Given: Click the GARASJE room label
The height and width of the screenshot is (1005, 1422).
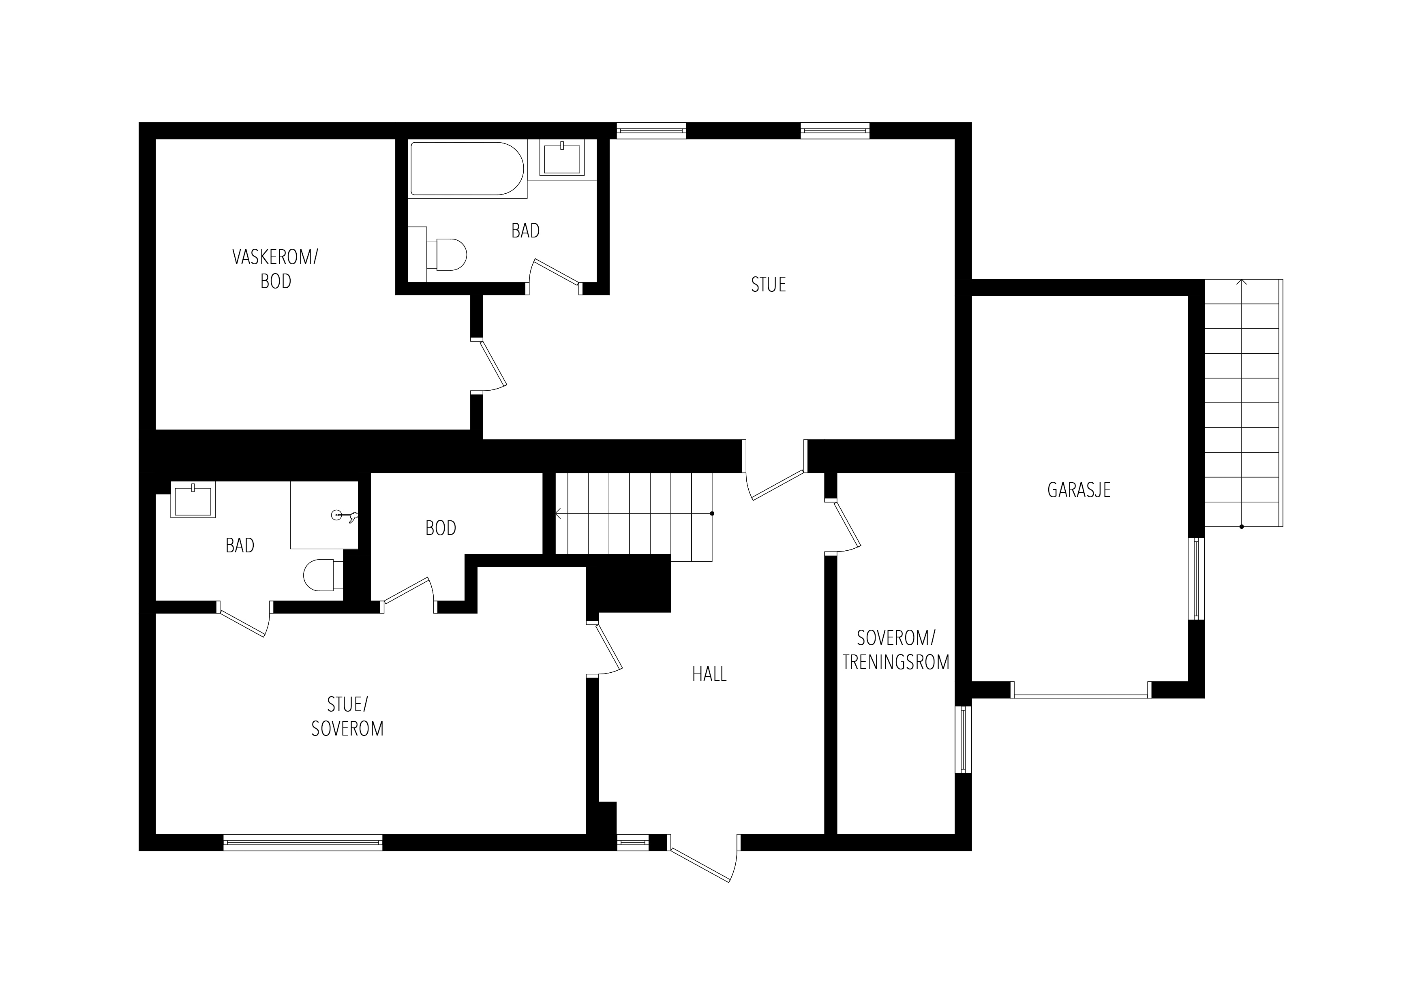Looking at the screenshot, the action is tap(1079, 490).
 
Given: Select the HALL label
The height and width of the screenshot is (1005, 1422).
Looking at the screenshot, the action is tap(709, 674).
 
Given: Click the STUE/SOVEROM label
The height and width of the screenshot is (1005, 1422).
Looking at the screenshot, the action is tap(347, 717).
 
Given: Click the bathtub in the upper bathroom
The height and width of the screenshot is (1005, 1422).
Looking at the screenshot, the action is tap(467, 169).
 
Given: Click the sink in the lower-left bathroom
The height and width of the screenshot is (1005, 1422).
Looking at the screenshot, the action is tap(193, 500).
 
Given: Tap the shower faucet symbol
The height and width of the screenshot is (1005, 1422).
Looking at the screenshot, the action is tap(344, 515).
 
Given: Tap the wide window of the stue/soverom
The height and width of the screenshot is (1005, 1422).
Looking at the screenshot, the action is tap(303, 842).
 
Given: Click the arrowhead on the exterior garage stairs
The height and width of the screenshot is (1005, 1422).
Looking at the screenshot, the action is tap(1242, 282).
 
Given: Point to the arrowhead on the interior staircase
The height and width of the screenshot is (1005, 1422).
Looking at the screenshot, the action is tap(559, 513).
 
